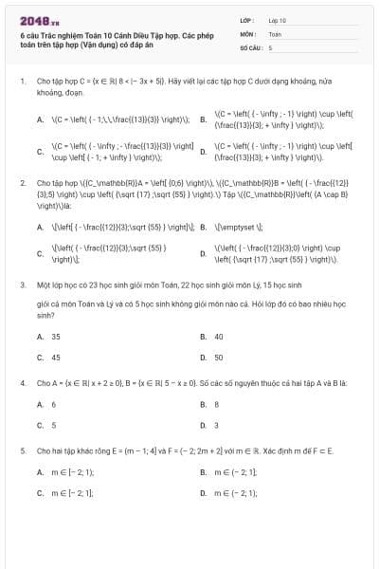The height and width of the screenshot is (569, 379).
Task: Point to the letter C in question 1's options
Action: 40,151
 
